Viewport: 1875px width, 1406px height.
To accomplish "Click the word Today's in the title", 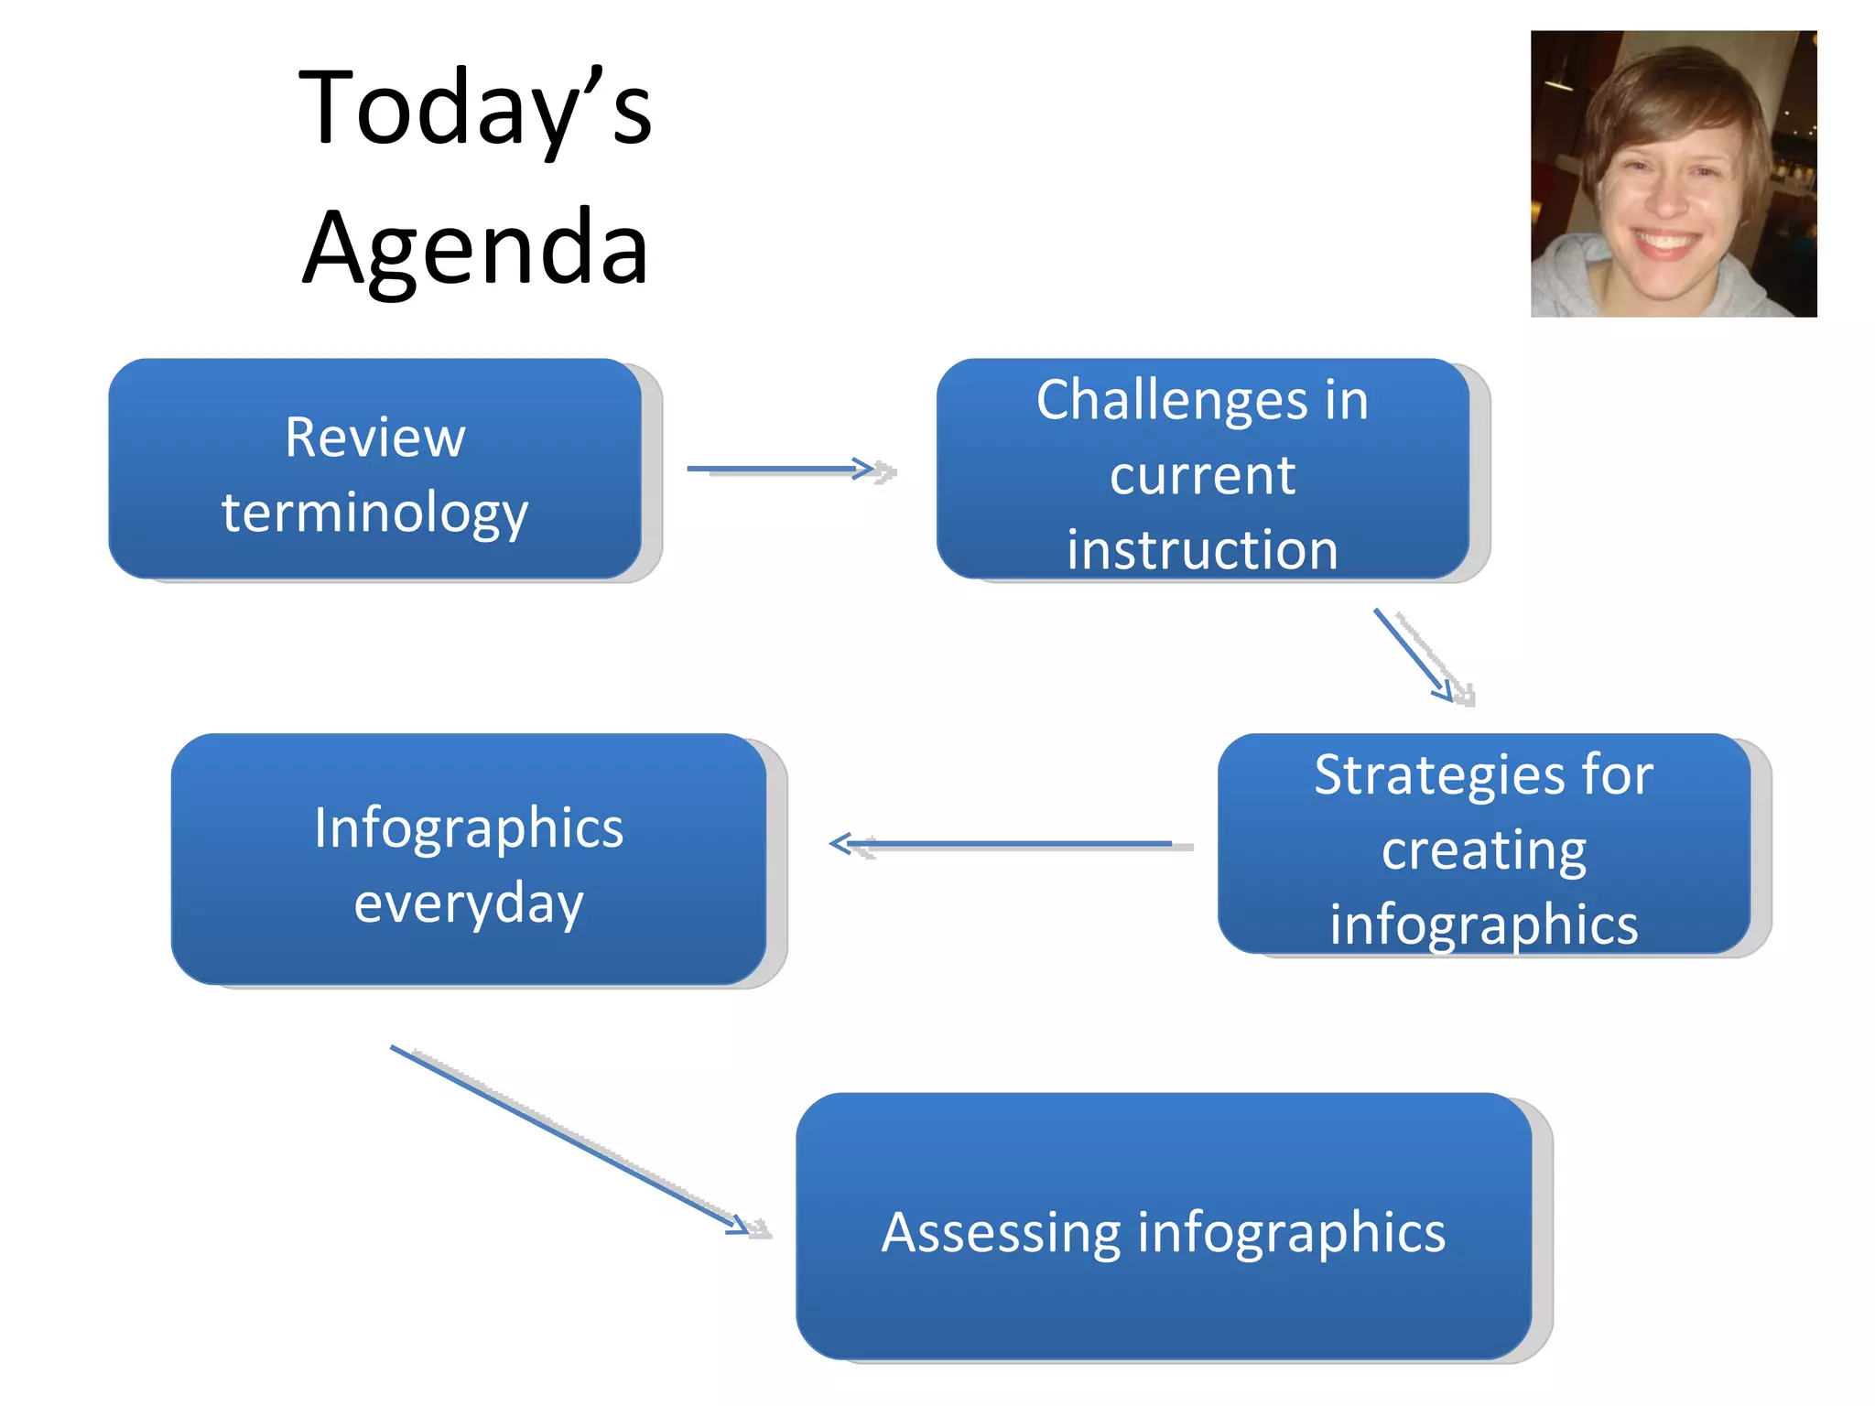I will pos(474,110).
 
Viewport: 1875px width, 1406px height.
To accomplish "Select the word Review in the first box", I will pos(374,438).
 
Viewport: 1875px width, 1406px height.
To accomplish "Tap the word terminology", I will pos(374,513).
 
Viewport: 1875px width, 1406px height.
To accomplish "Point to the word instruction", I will pos(1202,550).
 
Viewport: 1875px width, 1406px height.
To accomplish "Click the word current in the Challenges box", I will pos(1202,476).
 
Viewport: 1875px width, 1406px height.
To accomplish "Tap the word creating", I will pos(1483,851).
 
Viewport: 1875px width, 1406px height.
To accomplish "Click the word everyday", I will pos(469,904).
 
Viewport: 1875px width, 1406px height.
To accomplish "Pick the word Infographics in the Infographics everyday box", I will pos(469,828).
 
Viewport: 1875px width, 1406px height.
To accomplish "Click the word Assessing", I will pos(1000,1232).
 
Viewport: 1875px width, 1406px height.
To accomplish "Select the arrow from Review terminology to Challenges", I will pos(787,470).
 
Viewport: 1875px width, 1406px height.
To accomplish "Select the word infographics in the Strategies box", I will pos(1483,925).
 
